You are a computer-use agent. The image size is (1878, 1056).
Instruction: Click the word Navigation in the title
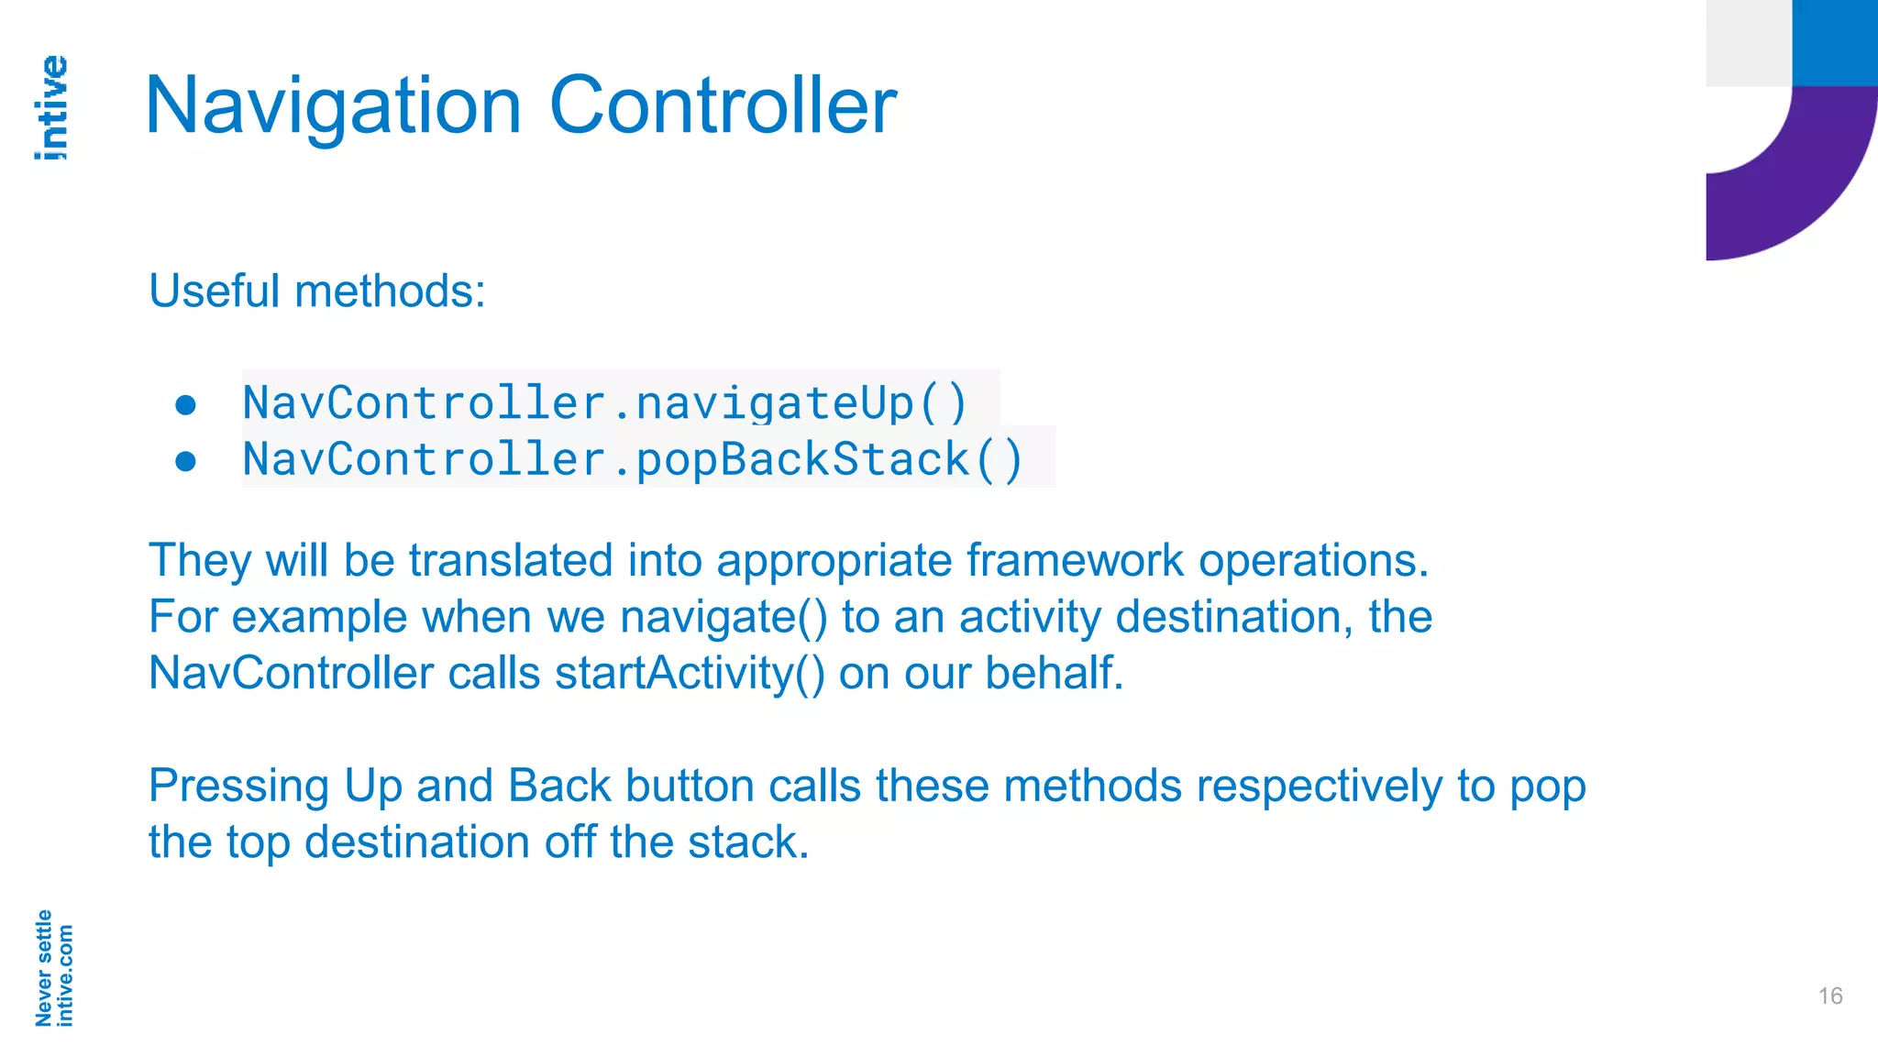coord(333,107)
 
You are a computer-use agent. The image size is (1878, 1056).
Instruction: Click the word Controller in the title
coord(723,105)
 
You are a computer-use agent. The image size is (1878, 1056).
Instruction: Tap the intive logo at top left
coord(51,108)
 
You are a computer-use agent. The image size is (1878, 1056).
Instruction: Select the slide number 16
coord(1829,996)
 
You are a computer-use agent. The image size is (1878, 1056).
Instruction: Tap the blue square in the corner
coord(1834,42)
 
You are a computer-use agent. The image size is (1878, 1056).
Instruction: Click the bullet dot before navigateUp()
coord(186,404)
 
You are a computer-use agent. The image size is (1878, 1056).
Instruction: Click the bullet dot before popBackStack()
coord(186,461)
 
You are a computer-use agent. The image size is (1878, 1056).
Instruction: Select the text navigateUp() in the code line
coord(801,403)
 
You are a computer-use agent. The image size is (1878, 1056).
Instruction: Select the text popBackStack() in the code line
coord(829,459)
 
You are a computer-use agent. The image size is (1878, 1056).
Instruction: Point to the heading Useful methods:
coord(316,291)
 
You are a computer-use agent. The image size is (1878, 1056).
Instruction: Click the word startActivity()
coord(690,674)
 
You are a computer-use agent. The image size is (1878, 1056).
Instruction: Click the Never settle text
coord(42,968)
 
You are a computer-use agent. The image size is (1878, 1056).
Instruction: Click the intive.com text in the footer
coord(64,975)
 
